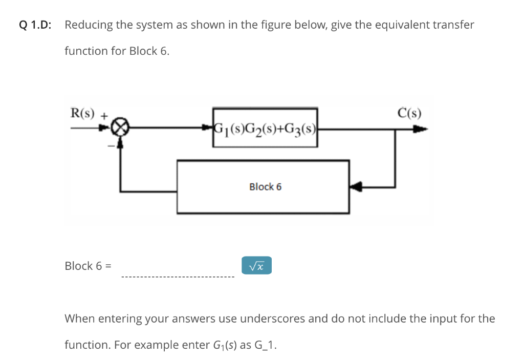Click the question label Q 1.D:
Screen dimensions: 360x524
click(x=31, y=25)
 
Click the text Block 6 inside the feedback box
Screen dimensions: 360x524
click(x=265, y=187)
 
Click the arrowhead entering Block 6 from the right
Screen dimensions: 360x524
click(x=356, y=187)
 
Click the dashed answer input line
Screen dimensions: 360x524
click(x=177, y=277)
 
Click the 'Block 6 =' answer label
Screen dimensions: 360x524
click(x=89, y=266)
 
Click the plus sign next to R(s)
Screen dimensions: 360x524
click(x=104, y=116)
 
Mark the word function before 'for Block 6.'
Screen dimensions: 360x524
click(x=85, y=51)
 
